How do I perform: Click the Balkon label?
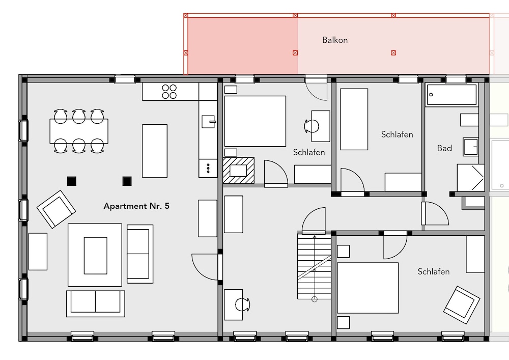pos(335,40)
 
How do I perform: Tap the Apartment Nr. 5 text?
pos(136,206)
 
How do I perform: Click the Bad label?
pos(444,148)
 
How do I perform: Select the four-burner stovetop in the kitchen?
pos(169,92)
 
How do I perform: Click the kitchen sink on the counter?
pos(208,122)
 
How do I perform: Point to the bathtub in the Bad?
pos(451,95)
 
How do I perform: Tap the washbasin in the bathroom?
pos(470,147)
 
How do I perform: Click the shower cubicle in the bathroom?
pos(471,178)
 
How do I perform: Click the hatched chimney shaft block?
pos(239,171)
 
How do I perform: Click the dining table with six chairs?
pos(79,131)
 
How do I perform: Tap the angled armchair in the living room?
pos(56,209)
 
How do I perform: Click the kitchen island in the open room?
pos(155,151)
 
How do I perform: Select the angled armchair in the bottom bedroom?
pos(461,305)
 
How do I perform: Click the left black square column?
pos(72,181)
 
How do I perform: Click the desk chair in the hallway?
pos(243,304)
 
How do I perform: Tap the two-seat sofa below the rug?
pos(96,303)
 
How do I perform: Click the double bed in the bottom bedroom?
pos(368,288)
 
